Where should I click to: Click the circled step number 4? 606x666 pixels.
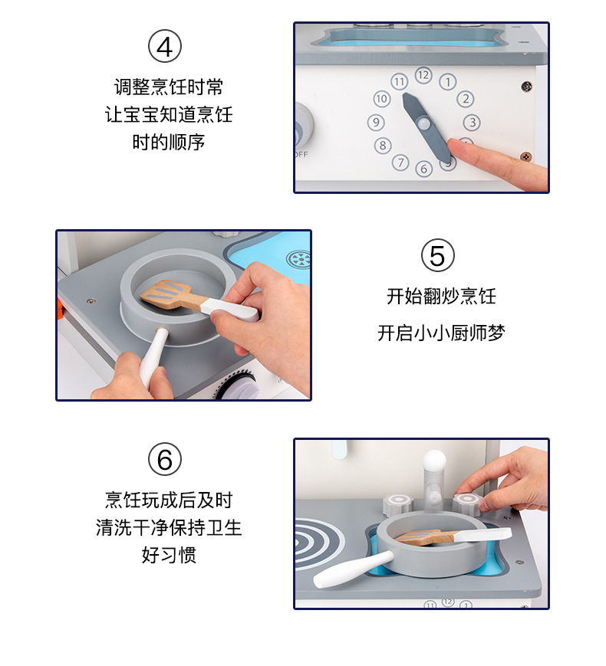tap(165, 46)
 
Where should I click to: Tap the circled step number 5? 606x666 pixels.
tap(437, 255)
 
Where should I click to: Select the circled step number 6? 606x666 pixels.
tap(165, 459)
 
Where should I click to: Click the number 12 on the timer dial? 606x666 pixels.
tap(423, 75)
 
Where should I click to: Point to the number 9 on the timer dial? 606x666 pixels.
tap(376, 123)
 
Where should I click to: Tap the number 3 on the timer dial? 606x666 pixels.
tap(472, 123)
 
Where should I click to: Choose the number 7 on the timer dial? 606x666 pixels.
tap(400, 162)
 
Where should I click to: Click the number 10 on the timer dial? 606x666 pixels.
tap(381, 99)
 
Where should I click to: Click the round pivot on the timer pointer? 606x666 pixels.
tap(423, 124)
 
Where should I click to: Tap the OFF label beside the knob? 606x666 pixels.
tap(301, 155)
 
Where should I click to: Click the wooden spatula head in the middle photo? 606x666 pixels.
tap(165, 294)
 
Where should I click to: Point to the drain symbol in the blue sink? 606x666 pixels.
tap(299, 259)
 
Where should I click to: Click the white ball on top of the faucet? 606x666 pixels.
tap(434, 460)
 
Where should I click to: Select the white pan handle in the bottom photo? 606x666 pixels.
tap(354, 569)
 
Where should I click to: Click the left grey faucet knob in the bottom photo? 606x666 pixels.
tap(398, 504)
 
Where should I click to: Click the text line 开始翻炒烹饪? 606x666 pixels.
tap(441, 296)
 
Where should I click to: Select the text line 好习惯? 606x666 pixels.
tap(169, 555)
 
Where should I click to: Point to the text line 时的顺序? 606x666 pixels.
tap(169, 142)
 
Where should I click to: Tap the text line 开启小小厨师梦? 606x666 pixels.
tap(441, 333)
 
